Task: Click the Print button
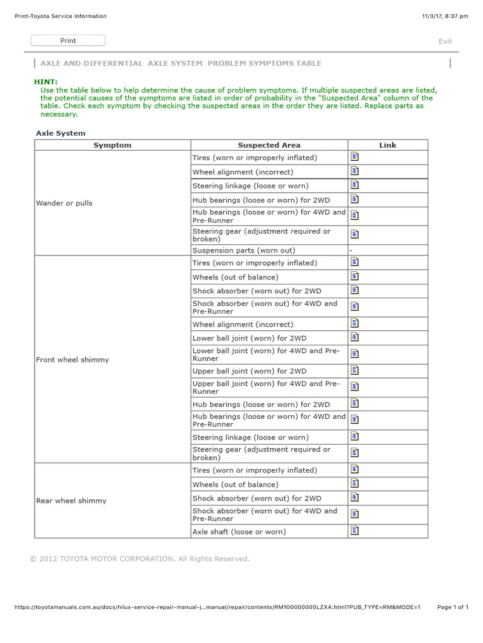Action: click(68, 41)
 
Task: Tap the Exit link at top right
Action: click(445, 41)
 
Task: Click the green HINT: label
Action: click(45, 82)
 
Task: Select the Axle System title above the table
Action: click(60, 133)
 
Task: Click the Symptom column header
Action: click(113, 145)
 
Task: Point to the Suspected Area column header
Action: click(269, 145)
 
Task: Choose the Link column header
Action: click(387, 145)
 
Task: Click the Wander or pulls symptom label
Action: click(64, 203)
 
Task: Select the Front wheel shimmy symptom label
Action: click(72, 360)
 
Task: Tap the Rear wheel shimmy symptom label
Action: click(71, 500)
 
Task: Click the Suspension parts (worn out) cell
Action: click(243, 251)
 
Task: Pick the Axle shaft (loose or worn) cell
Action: click(239, 532)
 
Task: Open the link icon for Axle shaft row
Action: click(355, 531)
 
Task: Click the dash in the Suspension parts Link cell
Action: click(351, 251)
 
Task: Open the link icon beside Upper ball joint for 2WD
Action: click(355, 370)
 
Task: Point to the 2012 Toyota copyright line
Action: click(140, 558)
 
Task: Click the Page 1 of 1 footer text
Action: click(453, 607)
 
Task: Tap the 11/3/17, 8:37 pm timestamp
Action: click(445, 16)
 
